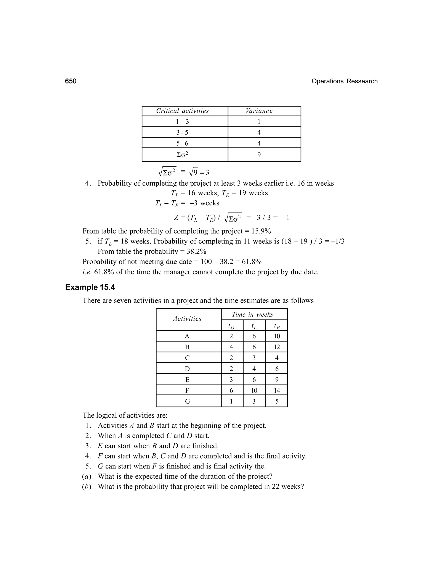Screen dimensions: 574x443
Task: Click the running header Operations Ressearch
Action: pyautogui.click(x=344, y=81)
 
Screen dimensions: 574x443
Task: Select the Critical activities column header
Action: pyautogui.click(x=182, y=111)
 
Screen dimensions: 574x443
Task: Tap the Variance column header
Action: pyautogui.click(x=259, y=111)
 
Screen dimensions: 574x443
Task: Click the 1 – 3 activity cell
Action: pyautogui.click(x=182, y=122)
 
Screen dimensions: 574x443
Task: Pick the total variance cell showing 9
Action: pyautogui.click(x=259, y=155)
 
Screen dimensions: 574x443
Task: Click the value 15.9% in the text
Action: pyautogui.click(x=261, y=231)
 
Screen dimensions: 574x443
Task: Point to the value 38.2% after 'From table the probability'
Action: pyautogui.click(x=196, y=251)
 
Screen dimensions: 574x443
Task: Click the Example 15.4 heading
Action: pyautogui.click(x=90, y=287)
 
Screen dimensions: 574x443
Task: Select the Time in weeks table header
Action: pyautogui.click(x=252, y=315)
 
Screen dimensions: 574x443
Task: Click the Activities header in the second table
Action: pyautogui.click(x=187, y=319)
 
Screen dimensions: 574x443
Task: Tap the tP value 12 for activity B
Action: pyautogui.click(x=277, y=347)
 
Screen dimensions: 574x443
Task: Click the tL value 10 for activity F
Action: pyautogui.click(x=254, y=391)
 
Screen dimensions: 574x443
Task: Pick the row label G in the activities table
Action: pyautogui.click(x=187, y=402)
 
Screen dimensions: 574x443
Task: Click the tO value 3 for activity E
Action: pyautogui.click(x=231, y=380)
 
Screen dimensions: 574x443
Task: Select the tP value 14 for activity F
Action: pyautogui.click(x=277, y=391)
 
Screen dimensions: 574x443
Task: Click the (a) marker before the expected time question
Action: pyautogui.click(x=87, y=477)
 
